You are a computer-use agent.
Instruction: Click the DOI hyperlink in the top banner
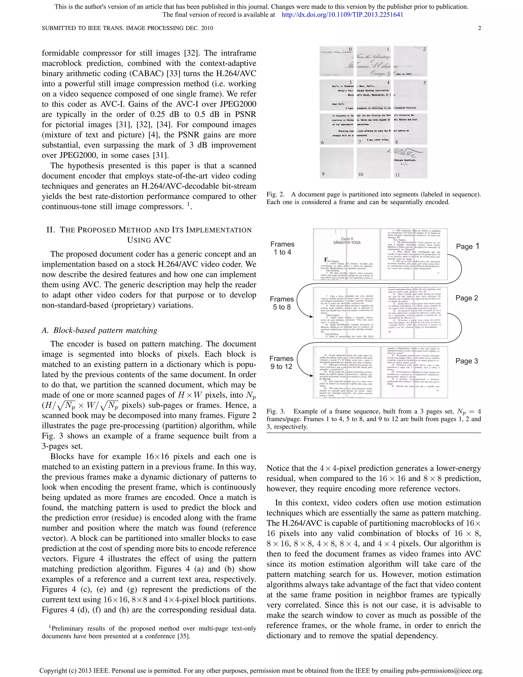(342, 15)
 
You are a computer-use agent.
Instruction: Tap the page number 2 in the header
(479, 28)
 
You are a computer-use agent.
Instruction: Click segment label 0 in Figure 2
(350, 49)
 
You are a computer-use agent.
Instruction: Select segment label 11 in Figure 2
(397, 175)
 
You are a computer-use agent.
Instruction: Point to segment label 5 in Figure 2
(424, 83)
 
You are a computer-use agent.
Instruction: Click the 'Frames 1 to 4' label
(282, 248)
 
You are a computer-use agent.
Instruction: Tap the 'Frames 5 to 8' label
(282, 303)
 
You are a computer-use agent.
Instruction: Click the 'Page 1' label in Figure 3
(468, 247)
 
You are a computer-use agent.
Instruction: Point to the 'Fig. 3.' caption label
(276, 411)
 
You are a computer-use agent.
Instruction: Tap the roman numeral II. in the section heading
(51, 230)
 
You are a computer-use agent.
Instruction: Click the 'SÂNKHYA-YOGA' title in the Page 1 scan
(347, 243)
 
